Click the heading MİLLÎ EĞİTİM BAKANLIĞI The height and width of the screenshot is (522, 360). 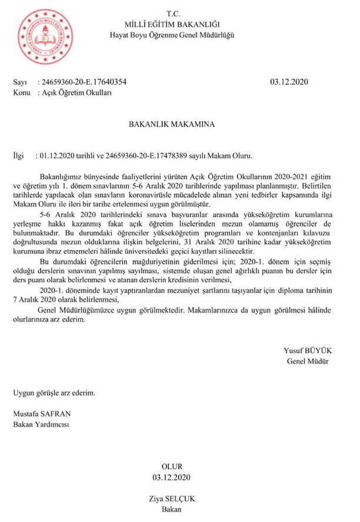coord(172,24)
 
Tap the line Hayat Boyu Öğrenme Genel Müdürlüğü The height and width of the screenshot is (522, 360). coord(172,35)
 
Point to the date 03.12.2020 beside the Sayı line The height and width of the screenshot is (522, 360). coord(289,82)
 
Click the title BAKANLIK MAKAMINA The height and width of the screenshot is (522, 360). coord(172,124)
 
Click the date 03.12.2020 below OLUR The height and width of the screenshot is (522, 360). coord(172,477)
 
